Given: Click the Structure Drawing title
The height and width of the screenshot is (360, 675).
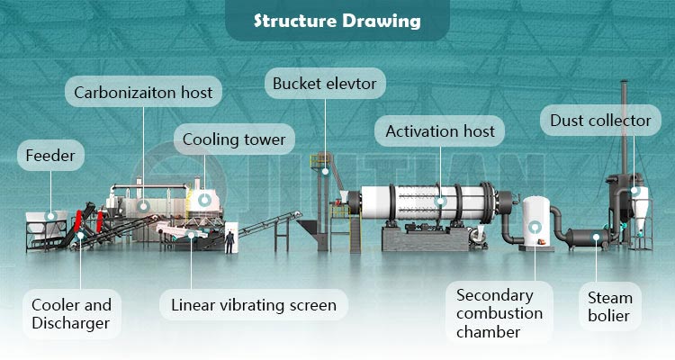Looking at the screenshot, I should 337,20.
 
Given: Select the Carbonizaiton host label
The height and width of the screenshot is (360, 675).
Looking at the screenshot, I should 142,91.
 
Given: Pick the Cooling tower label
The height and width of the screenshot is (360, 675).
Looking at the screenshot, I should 234,139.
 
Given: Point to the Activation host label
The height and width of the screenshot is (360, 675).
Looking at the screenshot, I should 440,131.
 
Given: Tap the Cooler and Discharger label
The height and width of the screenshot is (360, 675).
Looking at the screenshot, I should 71,314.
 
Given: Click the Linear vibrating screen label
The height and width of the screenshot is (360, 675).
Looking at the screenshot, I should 254,305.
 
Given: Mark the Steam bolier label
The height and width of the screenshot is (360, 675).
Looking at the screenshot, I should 610,306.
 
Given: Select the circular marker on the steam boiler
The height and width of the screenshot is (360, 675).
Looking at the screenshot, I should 596,237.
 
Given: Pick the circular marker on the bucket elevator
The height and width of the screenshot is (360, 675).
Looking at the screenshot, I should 326,168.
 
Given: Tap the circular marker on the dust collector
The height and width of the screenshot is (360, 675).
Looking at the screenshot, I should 635,191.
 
